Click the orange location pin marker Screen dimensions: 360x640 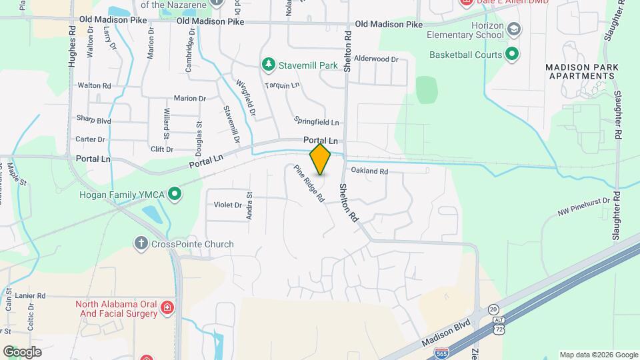coord(320,159)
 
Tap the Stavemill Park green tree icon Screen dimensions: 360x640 coord(268,64)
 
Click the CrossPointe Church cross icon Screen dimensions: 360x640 coord(141,243)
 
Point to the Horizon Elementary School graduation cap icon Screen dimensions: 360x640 coord(514,29)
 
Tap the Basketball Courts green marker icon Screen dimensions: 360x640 coord(512,54)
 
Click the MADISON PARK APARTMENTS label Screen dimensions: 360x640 coord(582,71)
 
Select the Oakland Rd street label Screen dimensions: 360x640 coord(369,171)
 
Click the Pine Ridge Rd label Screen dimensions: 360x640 coord(309,183)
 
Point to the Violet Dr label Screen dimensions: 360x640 coord(228,205)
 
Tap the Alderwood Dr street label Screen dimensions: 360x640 coord(376,59)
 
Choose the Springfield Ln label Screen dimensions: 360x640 coord(317,122)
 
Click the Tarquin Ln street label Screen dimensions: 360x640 coord(282,85)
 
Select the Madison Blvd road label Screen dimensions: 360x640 coord(446,331)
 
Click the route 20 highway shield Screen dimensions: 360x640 coord(493,309)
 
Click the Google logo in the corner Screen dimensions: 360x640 coord(22,351)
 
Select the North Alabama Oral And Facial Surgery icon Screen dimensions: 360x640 coord(167,309)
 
